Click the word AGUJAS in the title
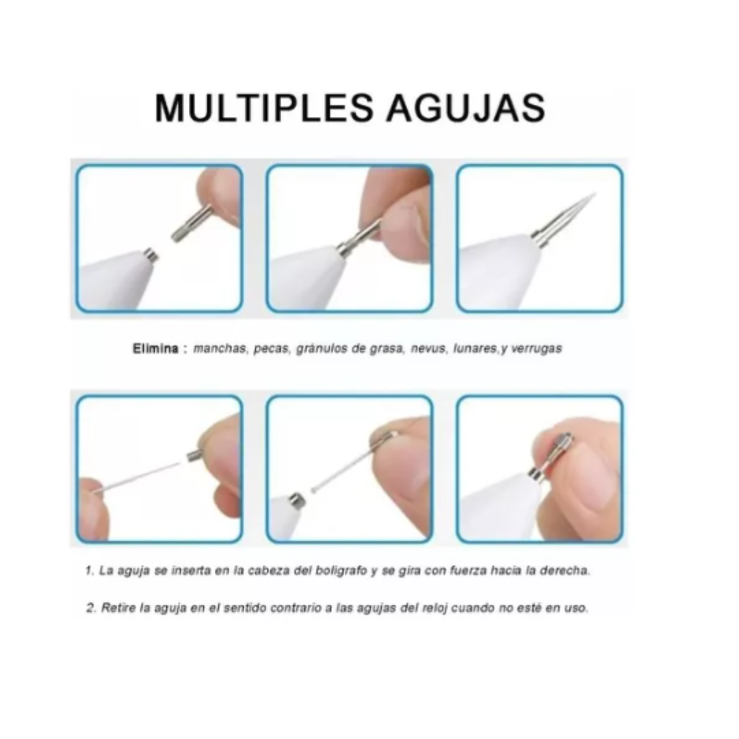click(x=466, y=108)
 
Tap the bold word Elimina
click(x=155, y=349)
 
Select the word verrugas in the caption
click(x=536, y=349)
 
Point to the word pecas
click(x=272, y=349)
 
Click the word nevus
click(x=428, y=349)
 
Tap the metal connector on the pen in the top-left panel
click(x=151, y=255)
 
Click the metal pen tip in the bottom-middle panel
click(x=297, y=501)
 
